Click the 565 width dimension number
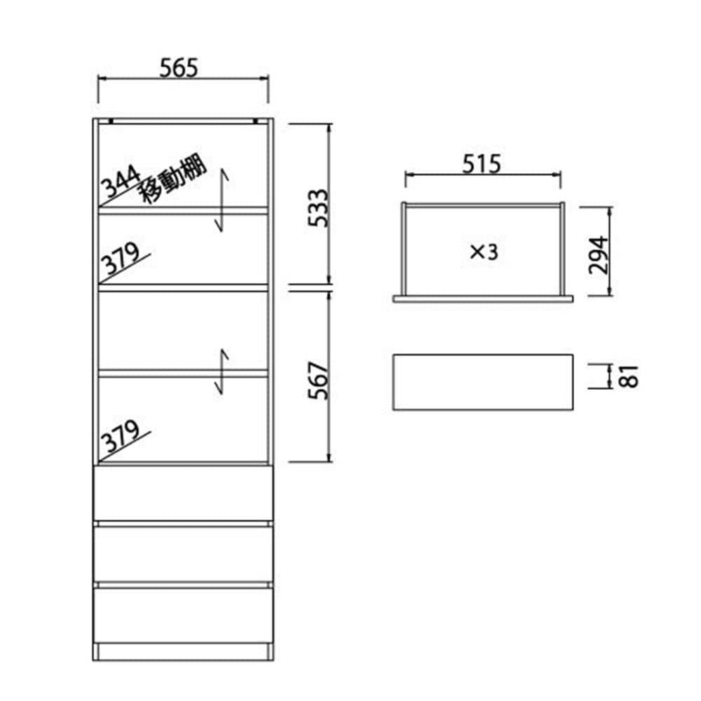(178, 68)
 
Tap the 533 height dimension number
(318, 208)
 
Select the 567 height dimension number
(318, 381)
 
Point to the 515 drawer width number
(482, 164)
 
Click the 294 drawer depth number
(599, 255)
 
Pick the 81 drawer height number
(629, 376)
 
